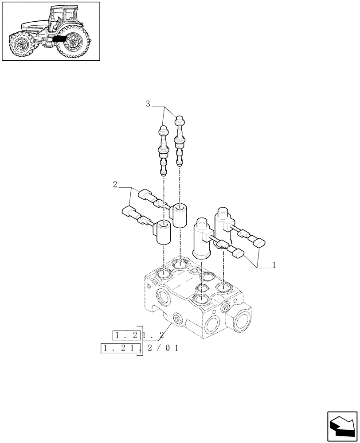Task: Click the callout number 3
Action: coord(148,104)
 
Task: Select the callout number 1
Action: coord(274,265)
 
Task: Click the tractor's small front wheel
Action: coord(22,44)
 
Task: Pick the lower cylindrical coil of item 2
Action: coord(163,233)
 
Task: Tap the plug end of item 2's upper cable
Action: coord(145,194)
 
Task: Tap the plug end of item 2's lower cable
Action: coord(127,212)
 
